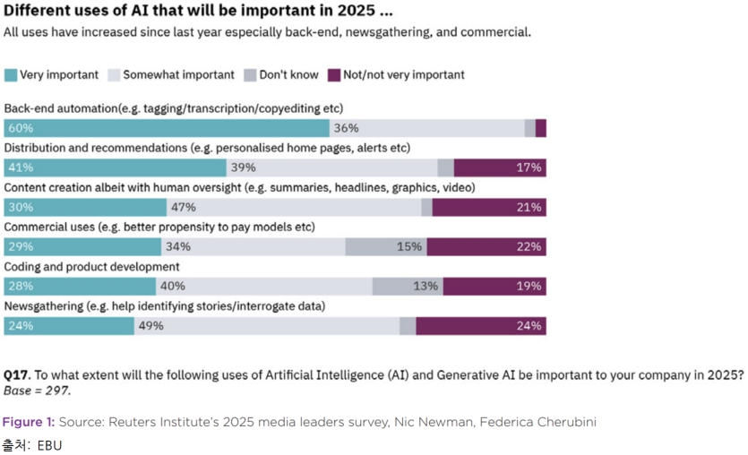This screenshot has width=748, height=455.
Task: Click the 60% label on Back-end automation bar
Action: pos(21,128)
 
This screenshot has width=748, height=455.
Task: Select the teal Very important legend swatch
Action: pos(12,75)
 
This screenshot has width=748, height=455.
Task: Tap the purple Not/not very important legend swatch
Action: pos(335,75)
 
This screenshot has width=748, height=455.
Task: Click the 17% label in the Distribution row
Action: pos(529,167)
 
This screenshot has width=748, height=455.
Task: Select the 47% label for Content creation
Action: pos(184,207)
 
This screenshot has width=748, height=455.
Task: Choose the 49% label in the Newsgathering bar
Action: pos(151,325)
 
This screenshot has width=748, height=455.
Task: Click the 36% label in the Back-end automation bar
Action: pos(347,128)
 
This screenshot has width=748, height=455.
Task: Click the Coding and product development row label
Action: pos(92,266)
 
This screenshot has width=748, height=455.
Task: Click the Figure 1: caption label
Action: pos(29,421)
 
